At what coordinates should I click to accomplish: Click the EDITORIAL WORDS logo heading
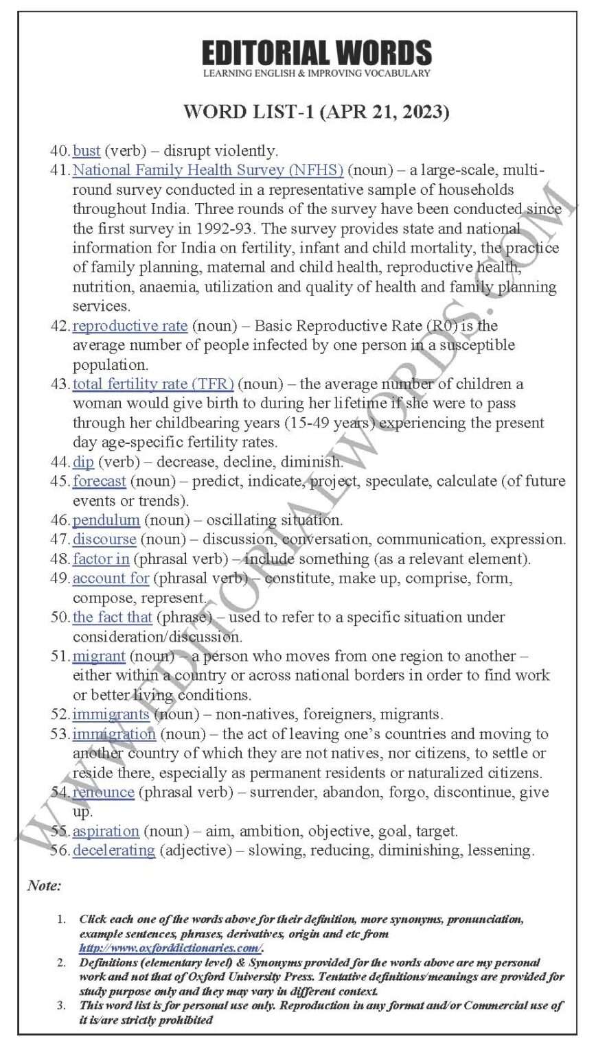[x=317, y=54]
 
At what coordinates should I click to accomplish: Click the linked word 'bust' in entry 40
[x=87, y=151]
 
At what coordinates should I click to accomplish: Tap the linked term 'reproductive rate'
[x=130, y=325]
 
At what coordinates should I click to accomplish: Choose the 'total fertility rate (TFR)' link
[x=153, y=384]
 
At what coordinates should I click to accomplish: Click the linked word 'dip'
[x=83, y=462]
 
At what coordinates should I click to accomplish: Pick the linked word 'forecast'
[x=100, y=481]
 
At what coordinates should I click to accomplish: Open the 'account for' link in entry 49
[x=111, y=578]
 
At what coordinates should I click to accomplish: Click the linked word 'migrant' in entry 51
[x=99, y=656]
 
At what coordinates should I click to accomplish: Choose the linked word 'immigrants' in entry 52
[x=111, y=714]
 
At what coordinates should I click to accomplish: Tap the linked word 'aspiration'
[x=106, y=831]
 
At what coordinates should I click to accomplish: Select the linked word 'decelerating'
[x=113, y=851]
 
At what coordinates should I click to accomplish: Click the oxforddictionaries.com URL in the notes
[x=170, y=948]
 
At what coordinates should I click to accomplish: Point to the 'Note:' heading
[x=44, y=886]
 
